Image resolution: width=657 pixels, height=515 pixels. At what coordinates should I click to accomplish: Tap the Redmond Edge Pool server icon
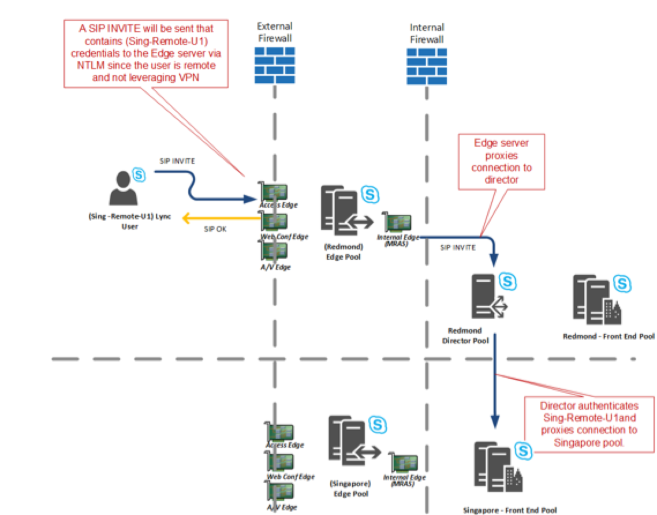click(x=340, y=214)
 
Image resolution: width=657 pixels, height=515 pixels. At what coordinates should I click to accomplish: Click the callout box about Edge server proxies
click(x=501, y=161)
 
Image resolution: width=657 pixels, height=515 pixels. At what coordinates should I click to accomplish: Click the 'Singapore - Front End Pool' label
click(x=510, y=510)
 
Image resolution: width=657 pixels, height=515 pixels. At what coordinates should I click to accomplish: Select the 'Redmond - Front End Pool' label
click(x=609, y=336)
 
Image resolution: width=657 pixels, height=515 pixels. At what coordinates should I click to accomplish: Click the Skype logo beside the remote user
click(x=139, y=173)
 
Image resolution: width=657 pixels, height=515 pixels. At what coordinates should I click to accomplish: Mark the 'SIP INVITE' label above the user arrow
click(x=176, y=161)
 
